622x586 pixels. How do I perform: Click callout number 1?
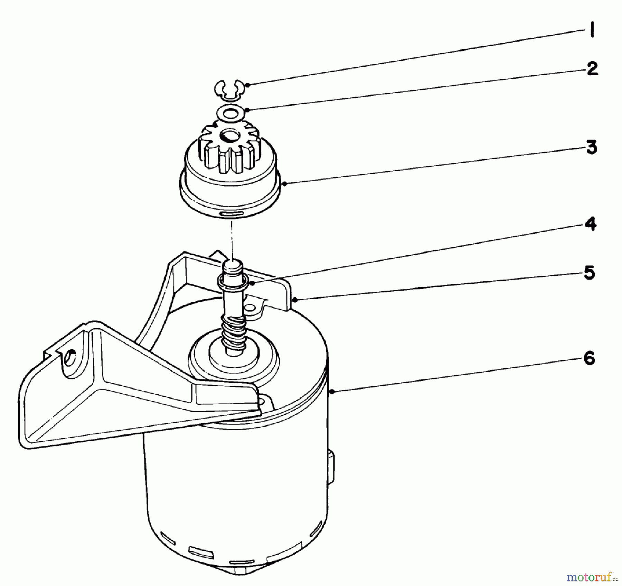point(592,31)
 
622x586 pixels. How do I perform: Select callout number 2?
point(592,69)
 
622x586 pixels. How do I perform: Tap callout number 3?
point(591,148)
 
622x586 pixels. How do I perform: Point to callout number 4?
point(590,224)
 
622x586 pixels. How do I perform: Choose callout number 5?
point(590,273)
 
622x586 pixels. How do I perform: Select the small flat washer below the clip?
point(229,113)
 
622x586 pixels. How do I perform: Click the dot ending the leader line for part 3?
point(284,184)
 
